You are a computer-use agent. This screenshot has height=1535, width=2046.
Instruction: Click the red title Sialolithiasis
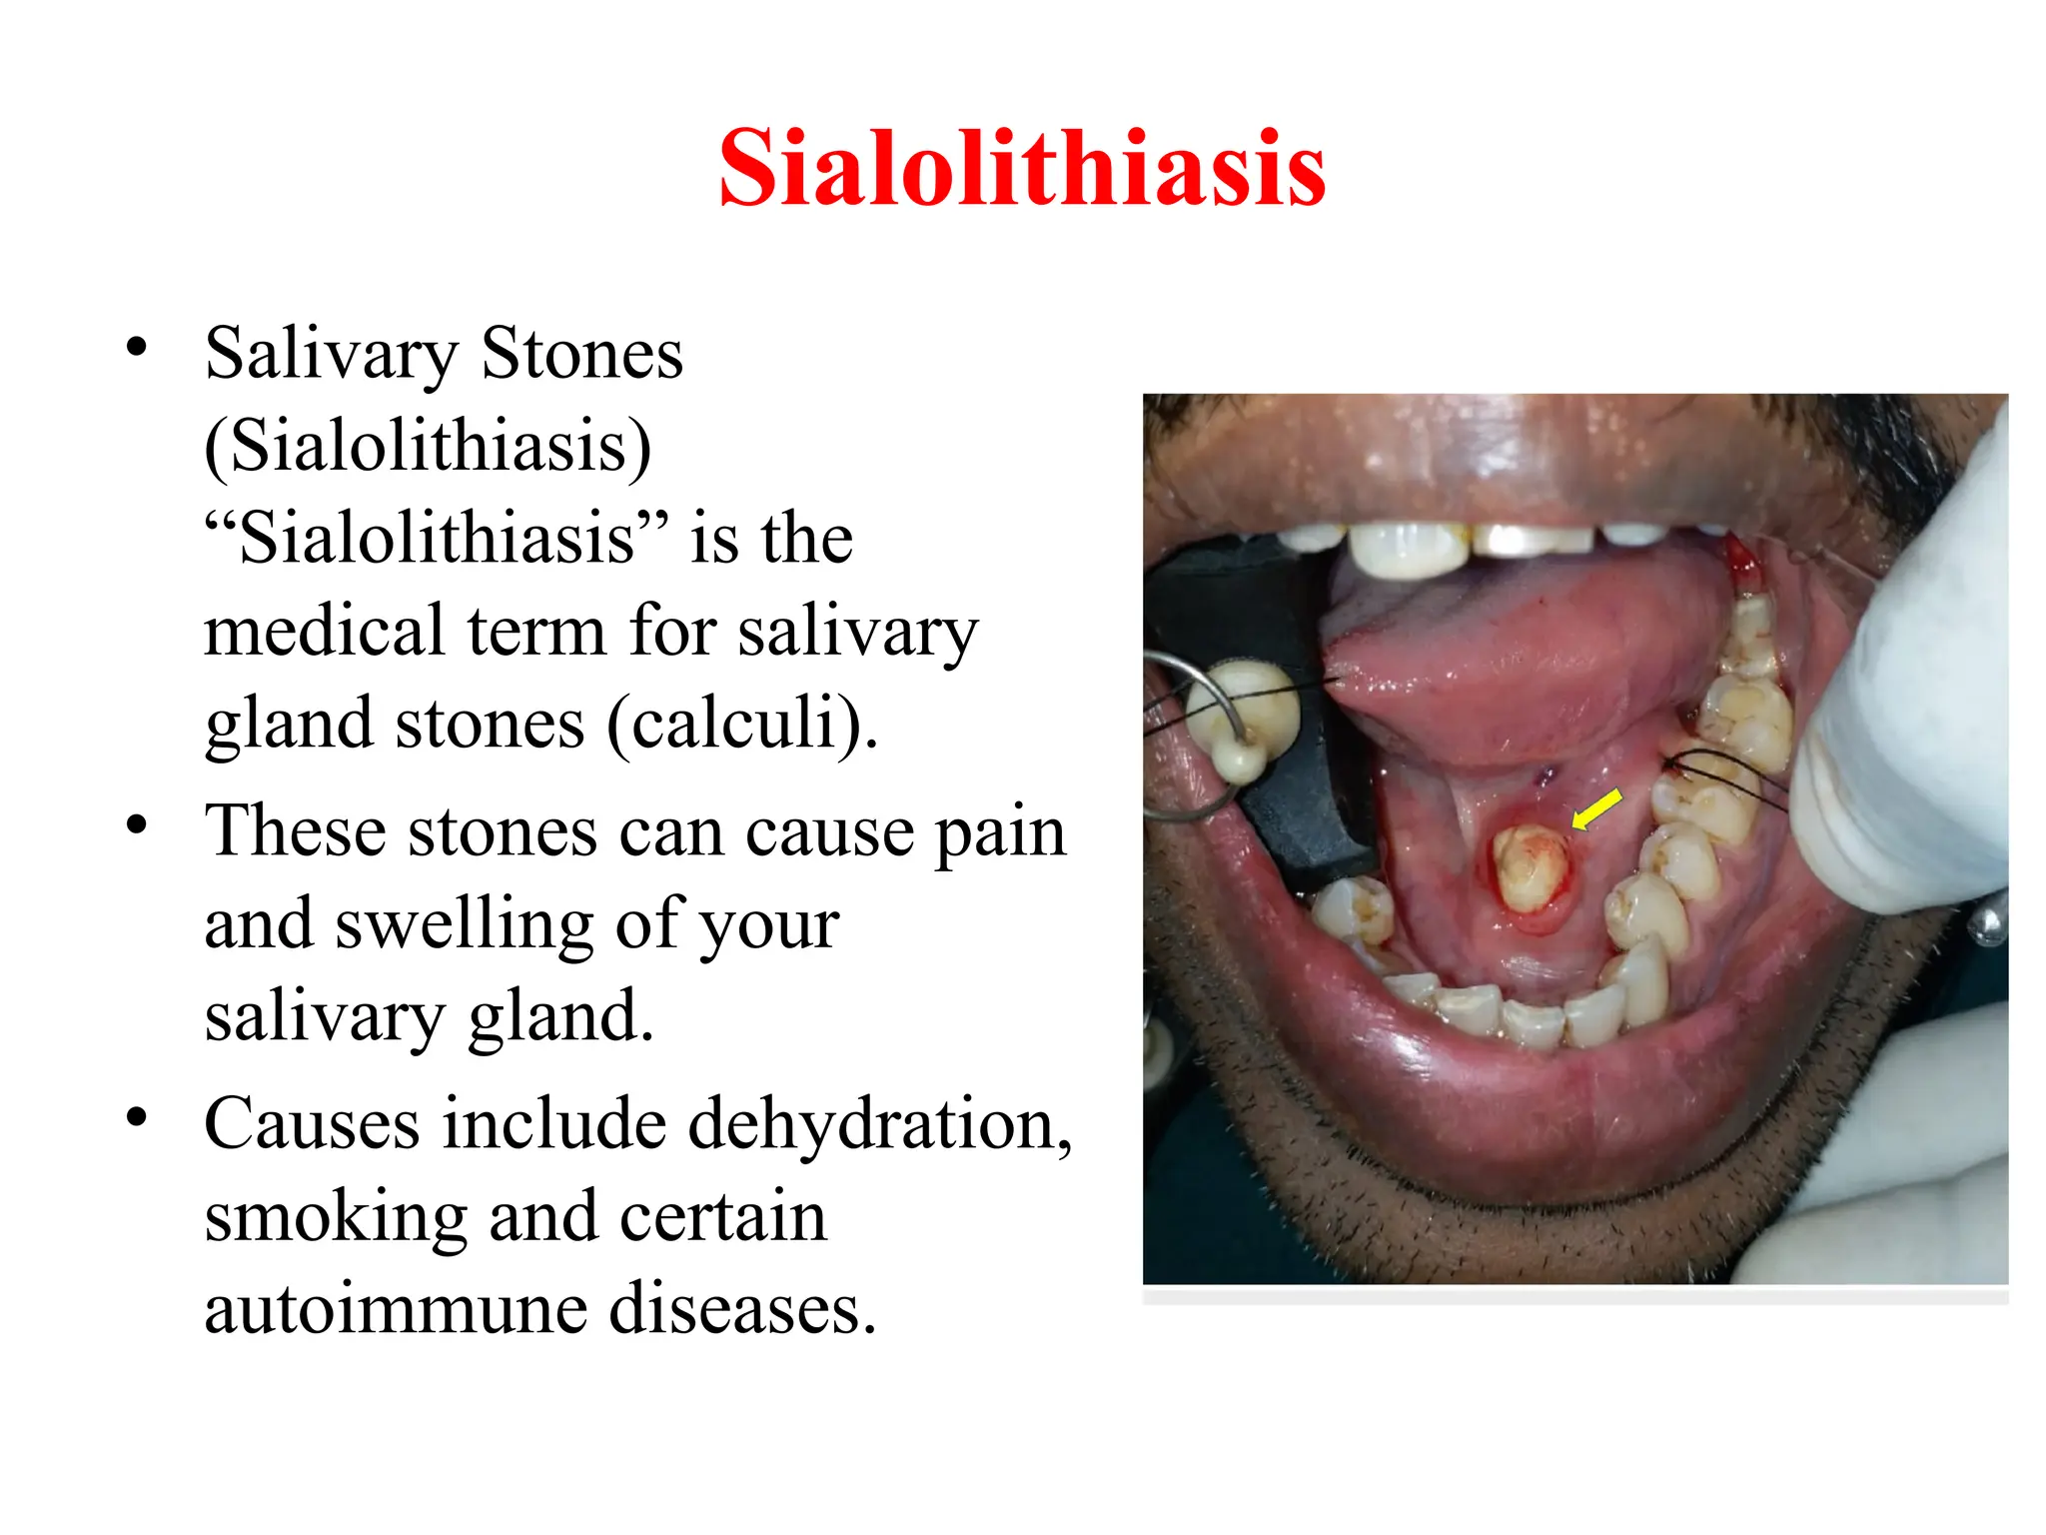1022,169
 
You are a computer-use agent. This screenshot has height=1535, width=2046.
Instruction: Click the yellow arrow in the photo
1596,808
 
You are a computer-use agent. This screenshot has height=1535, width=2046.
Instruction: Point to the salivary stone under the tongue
1529,868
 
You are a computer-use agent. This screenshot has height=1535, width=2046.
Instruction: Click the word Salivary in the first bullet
331,355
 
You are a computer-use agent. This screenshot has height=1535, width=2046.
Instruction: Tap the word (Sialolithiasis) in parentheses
428,446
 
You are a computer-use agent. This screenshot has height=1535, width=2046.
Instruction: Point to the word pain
1000,832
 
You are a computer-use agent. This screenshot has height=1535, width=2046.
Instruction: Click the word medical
325,632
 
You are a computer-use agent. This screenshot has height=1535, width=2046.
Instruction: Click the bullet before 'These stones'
137,825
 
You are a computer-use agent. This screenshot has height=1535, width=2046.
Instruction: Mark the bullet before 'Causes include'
137,1117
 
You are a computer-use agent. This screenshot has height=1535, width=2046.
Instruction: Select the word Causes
312,1124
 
